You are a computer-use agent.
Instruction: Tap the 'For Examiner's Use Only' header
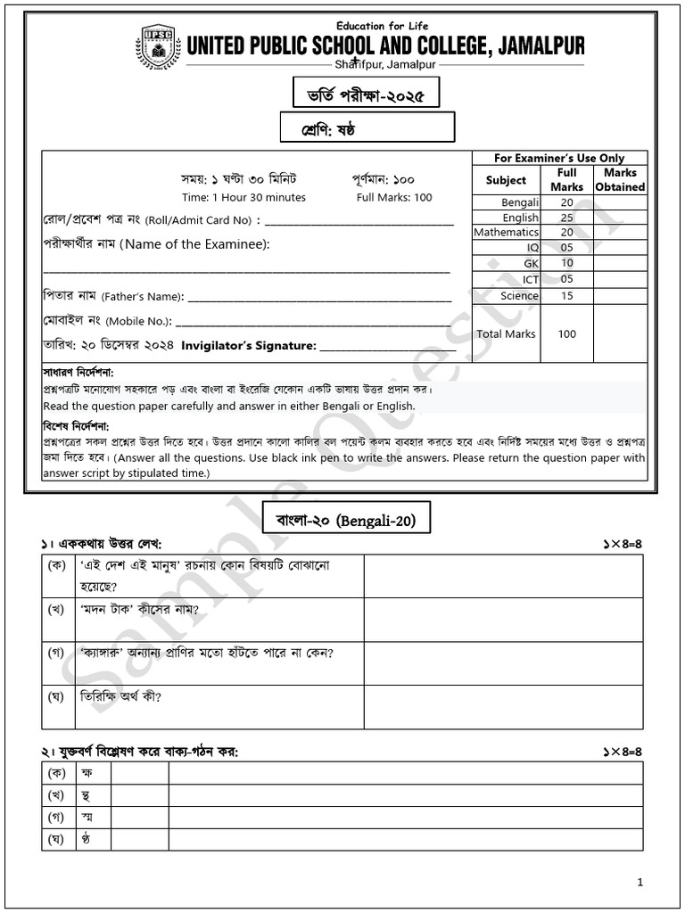(x=559, y=158)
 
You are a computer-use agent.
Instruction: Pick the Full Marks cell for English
(x=566, y=218)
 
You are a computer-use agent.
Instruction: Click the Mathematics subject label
(x=506, y=232)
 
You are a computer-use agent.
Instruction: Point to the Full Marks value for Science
(x=566, y=296)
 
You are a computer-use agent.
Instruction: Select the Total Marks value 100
(x=566, y=334)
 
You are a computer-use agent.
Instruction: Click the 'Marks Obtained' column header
(x=620, y=180)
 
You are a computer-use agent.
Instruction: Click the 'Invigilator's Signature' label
(x=249, y=345)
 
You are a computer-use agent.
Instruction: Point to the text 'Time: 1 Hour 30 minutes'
(x=243, y=198)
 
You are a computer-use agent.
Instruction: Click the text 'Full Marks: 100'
(x=394, y=198)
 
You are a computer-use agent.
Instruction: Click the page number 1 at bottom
(x=640, y=882)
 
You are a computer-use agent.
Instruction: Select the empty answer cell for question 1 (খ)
(x=503, y=620)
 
